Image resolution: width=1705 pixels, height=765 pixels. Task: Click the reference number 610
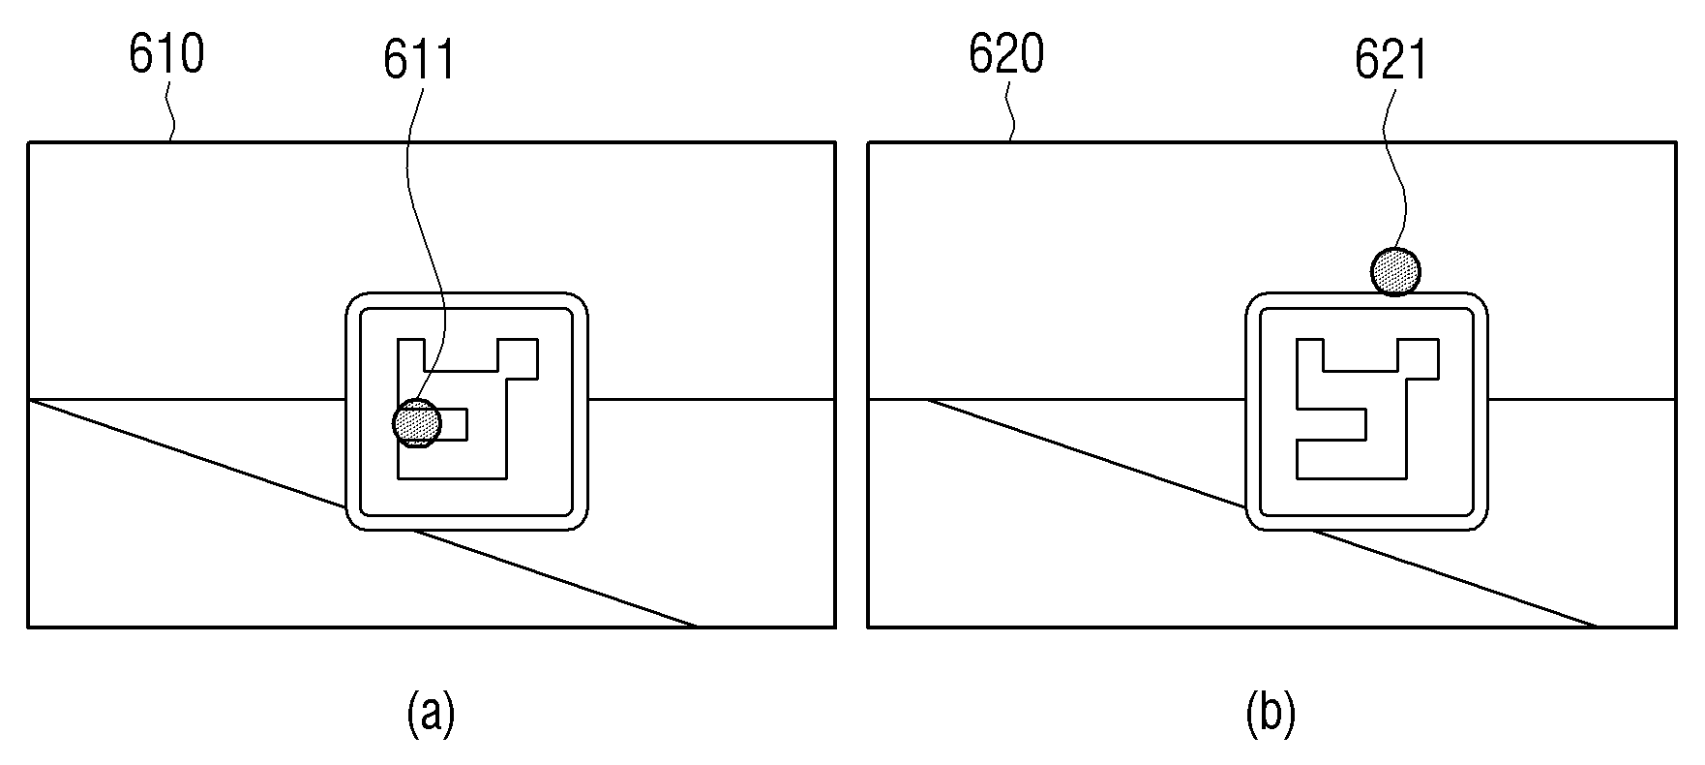166,54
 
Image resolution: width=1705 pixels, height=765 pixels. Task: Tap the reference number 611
419,61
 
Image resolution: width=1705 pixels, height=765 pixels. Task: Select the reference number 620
1006,54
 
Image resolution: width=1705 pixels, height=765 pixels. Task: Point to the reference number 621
1391,61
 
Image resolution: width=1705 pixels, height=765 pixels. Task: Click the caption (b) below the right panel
1271,713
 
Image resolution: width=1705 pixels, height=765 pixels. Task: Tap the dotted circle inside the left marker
417,423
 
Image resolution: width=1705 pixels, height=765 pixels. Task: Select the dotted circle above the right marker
1396,270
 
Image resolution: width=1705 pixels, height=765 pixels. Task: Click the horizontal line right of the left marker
711,399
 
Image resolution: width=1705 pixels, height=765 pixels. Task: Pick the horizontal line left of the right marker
1057,399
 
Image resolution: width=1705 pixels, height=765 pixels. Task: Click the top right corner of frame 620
1676,143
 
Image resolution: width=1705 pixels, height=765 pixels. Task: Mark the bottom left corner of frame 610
28,627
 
